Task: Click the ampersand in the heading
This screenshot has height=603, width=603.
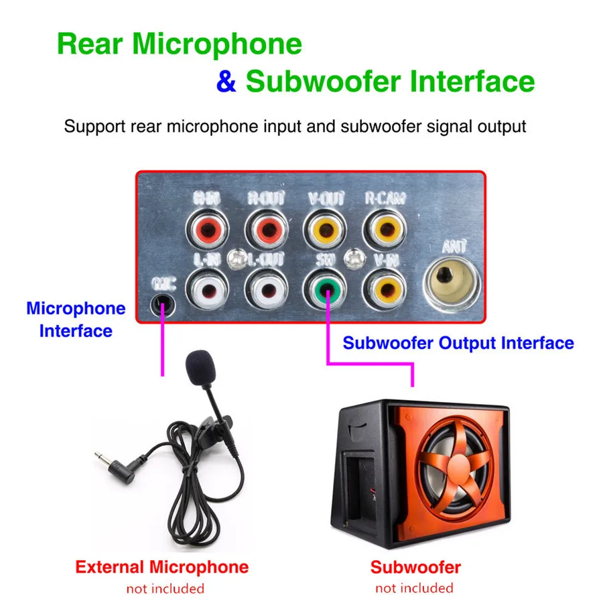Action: (x=226, y=82)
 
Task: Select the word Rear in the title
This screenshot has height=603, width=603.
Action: (x=90, y=44)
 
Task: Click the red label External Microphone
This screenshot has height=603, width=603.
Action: (x=161, y=567)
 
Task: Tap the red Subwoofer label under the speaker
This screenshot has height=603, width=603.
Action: (x=415, y=567)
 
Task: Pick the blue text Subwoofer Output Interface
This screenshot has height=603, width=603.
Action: (x=458, y=343)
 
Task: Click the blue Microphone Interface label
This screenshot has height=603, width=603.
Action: (x=76, y=320)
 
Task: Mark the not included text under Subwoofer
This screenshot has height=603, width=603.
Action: (x=414, y=588)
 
